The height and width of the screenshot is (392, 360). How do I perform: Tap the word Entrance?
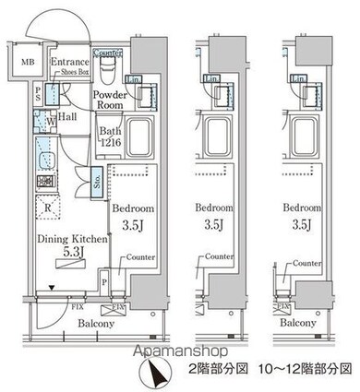tap(70, 62)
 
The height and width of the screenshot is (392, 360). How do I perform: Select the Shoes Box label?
tap(70, 72)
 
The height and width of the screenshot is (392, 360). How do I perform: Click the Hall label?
tap(67, 117)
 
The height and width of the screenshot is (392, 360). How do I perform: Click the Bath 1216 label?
tap(113, 138)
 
